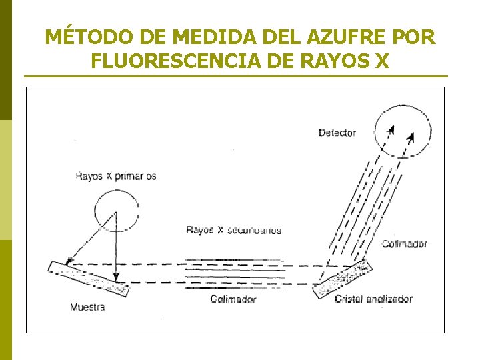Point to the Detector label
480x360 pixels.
(x=337, y=133)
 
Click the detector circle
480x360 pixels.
(x=402, y=131)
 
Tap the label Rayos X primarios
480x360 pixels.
(x=115, y=177)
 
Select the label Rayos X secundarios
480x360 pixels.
(x=233, y=230)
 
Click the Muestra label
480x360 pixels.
(x=87, y=307)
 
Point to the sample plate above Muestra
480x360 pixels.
(x=88, y=277)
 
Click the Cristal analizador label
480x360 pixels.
(x=373, y=299)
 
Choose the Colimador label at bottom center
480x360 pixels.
(x=233, y=299)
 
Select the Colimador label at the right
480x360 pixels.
(x=404, y=244)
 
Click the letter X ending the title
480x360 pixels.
(x=380, y=61)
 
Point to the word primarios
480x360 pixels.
(x=135, y=177)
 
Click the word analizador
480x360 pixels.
(x=389, y=299)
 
